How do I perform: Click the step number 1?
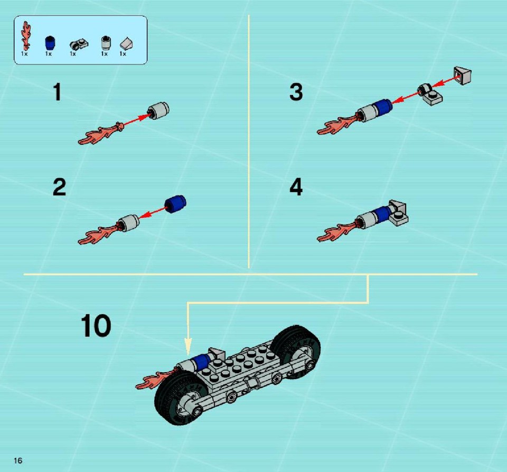tap(57, 92)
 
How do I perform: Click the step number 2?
tap(60, 187)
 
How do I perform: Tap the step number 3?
tap(296, 92)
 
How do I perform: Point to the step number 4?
tap(296, 187)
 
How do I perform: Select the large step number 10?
tap(96, 326)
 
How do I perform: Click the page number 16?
tap(18, 460)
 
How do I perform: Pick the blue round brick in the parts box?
tap(50, 42)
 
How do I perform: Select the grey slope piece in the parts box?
tap(126, 44)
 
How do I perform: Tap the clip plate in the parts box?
tap(79, 44)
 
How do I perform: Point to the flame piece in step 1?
tap(100, 134)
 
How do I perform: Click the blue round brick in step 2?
tap(175, 204)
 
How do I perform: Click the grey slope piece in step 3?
tap(463, 75)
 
